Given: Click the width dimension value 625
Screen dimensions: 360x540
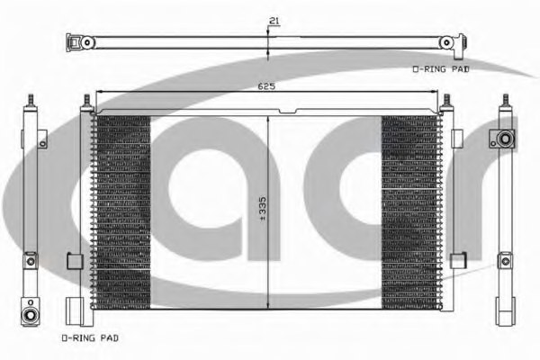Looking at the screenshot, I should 266,86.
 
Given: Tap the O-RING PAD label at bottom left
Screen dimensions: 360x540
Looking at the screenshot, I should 89,337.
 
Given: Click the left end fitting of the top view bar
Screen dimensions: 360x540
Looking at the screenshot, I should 85,42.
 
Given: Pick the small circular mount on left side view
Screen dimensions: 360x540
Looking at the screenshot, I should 30,261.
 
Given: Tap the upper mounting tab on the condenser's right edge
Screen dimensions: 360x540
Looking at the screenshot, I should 456,137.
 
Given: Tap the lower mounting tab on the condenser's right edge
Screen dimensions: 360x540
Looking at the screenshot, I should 456,261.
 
